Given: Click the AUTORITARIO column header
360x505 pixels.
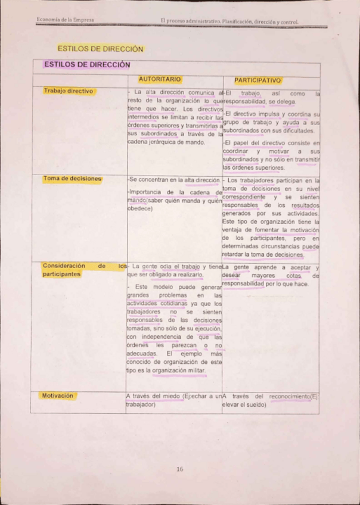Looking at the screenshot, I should tap(159, 79).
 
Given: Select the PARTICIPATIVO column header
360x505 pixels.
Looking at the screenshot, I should tap(257, 79).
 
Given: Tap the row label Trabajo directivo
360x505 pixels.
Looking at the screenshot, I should tap(68, 91).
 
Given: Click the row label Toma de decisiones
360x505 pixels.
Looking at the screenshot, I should tap(72, 179).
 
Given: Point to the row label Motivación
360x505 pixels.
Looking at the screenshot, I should tap(58, 395).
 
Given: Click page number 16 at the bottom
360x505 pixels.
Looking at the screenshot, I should tap(179, 469).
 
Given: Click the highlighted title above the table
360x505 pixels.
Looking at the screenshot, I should tap(100, 48).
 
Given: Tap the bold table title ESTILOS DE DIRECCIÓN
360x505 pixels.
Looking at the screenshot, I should tap(86, 64).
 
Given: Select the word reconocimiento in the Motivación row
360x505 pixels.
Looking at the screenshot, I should tap(289, 396).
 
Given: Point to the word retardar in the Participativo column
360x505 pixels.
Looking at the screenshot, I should tap(234, 254).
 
